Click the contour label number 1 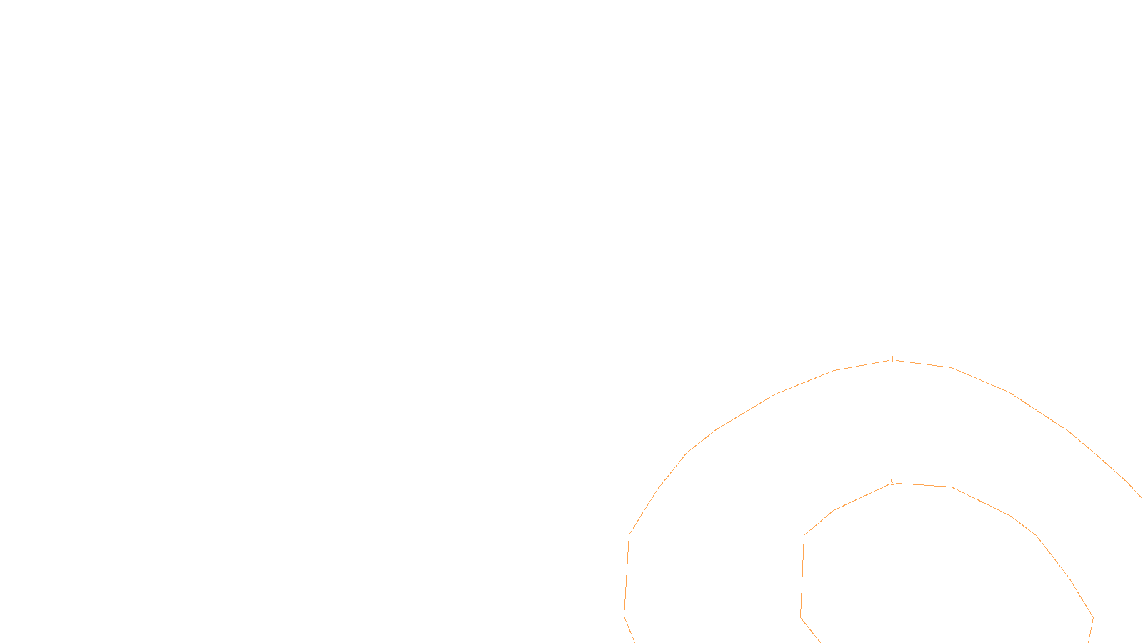pyautogui.click(x=892, y=359)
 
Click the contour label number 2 pyautogui.click(x=892, y=482)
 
